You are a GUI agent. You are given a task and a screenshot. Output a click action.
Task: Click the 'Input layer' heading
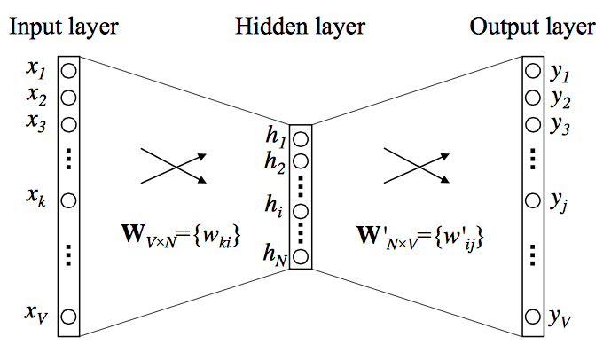[x=63, y=27]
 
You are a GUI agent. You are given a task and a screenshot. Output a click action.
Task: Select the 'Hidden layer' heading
[x=300, y=27]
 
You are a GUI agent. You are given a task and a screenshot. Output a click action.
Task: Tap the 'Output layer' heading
[x=532, y=27]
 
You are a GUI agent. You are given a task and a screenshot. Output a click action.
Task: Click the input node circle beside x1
[x=69, y=68]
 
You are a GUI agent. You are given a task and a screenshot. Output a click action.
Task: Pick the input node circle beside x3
[x=69, y=121]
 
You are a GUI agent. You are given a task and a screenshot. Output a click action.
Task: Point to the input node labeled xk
[x=69, y=199]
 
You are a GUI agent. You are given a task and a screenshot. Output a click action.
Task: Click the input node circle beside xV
[x=69, y=315]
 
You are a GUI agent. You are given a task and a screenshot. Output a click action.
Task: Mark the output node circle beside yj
[x=532, y=200]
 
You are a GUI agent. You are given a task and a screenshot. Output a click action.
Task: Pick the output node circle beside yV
[x=532, y=315]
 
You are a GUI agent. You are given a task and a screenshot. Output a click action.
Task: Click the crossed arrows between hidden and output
[x=415, y=166]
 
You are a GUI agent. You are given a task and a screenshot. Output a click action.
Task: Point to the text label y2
[x=560, y=98]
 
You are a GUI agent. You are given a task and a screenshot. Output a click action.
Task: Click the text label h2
[x=275, y=161]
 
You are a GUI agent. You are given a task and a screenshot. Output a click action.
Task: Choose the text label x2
[x=36, y=95]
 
